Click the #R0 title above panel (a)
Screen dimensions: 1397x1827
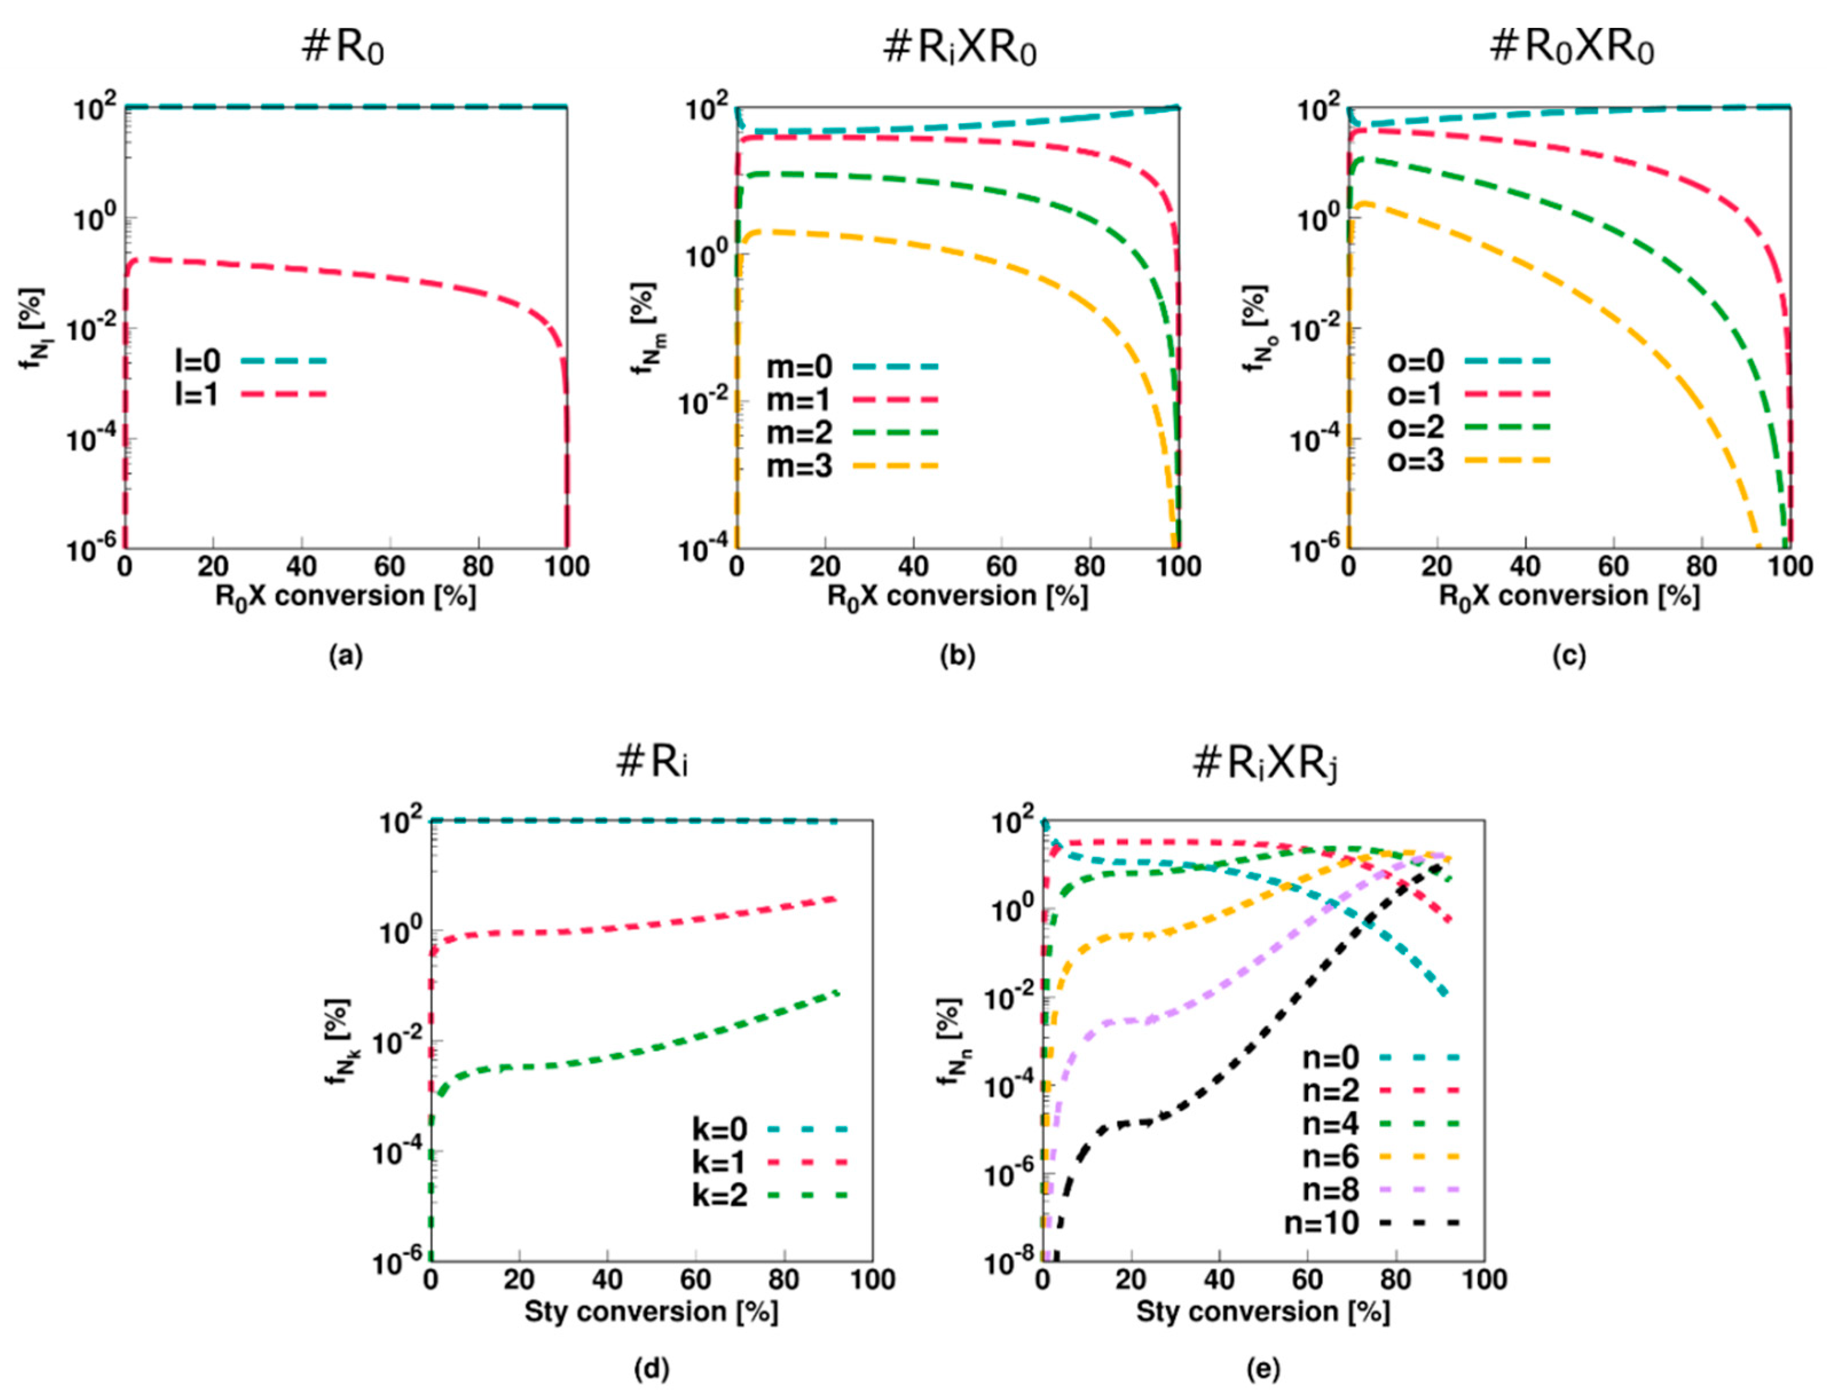point(344,49)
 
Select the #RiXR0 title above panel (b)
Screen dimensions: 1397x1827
point(958,49)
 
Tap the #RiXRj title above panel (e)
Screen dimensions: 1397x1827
point(1264,763)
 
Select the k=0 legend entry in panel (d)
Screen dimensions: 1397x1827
point(769,1128)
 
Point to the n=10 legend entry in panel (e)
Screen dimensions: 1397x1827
point(1371,1222)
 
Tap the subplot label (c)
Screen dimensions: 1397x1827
point(1568,657)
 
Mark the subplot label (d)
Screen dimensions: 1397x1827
point(651,1369)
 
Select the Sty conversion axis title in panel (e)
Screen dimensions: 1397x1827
point(1262,1311)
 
